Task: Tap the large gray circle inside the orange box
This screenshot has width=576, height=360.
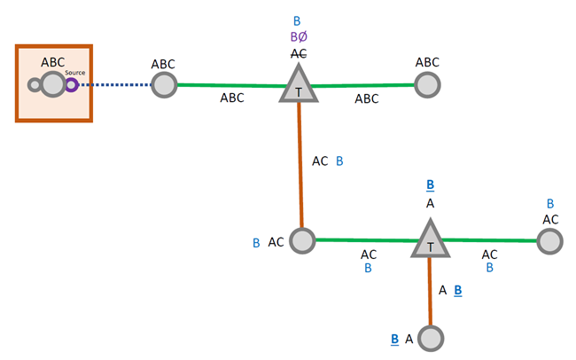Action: [52, 85]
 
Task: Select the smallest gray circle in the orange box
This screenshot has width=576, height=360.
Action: [35, 85]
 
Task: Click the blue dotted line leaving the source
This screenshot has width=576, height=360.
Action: [114, 85]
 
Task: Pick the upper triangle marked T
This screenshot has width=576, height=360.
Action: [299, 88]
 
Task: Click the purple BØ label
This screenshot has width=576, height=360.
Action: [299, 37]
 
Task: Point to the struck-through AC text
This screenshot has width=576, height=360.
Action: [299, 53]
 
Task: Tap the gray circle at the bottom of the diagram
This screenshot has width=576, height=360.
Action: [430, 338]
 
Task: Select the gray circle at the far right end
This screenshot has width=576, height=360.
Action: [549, 240]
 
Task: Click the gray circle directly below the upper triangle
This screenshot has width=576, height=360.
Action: [302, 240]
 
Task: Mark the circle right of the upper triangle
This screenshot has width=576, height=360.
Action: [428, 85]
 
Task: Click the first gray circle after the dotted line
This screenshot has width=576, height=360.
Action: [164, 85]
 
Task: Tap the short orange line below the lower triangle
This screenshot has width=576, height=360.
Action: [430, 292]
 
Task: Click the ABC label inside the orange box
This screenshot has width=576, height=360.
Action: [53, 62]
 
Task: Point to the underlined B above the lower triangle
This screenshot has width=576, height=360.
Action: [430, 185]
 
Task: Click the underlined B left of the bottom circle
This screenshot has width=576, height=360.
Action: [394, 338]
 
